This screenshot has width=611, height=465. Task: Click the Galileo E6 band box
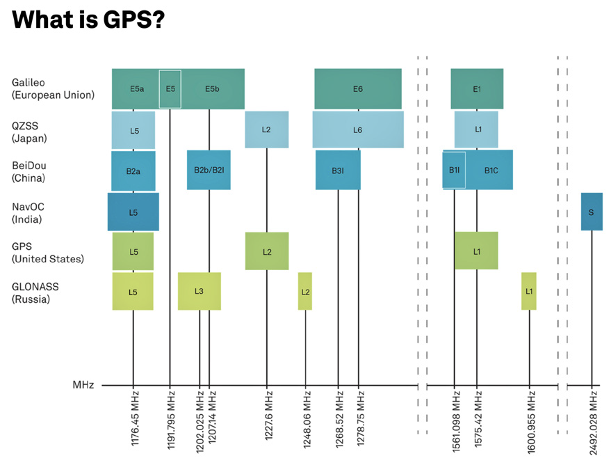(x=357, y=89)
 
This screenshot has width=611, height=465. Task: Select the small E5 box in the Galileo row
(x=170, y=89)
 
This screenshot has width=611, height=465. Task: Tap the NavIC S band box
(x=591, y=212)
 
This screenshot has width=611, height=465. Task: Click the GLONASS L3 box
(x=199, y=291)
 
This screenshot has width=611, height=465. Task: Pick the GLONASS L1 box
(x=529, y=291)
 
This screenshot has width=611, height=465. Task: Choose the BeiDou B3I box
(x=338, y=171)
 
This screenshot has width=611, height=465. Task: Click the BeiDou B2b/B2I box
(x=209, y=171)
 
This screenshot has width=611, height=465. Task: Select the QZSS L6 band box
(x=357, y=130)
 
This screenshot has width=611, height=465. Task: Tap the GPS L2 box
(x=267, y=251)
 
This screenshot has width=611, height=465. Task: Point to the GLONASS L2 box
(x=305, y=291)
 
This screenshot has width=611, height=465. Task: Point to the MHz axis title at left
(x=83, y=385)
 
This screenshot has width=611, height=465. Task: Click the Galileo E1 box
(x=477, y=89)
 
